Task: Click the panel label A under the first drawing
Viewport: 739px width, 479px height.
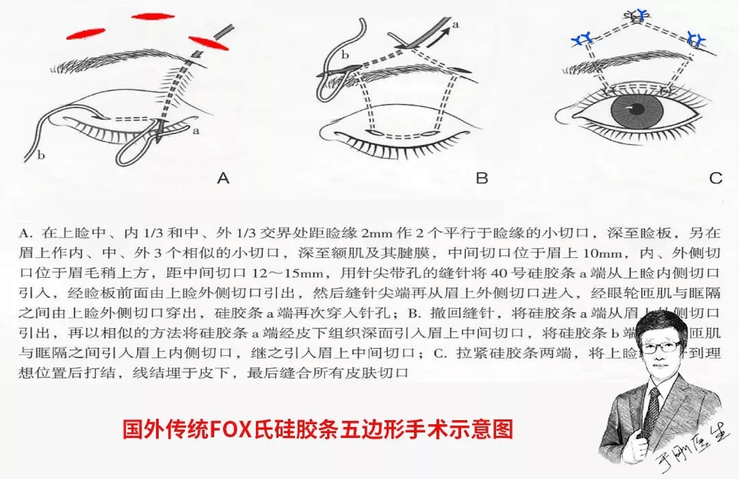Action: [x=222, y=179]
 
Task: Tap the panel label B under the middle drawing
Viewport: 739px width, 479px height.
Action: [x=482, y=179]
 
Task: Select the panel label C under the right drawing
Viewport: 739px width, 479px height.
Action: [x=715, y=179]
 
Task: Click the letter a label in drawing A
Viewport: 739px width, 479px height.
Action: [x=196, y=129]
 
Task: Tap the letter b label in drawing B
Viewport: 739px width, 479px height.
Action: [x=345, y=54]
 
